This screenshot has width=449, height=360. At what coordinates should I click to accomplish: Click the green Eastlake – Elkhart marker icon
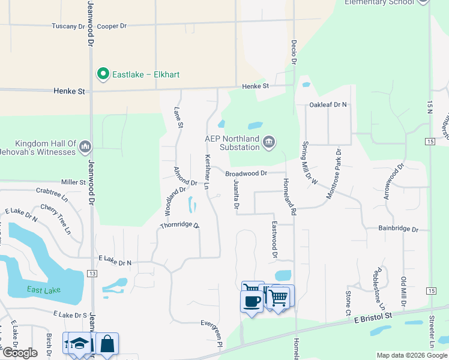click(x=103, y=74)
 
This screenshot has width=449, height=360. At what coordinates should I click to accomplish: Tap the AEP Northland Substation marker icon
click(x=269, y=142)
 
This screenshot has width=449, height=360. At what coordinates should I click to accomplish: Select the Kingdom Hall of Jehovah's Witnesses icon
click(x=85, y=146)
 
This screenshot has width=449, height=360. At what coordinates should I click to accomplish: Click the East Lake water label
click(x=44, y=290)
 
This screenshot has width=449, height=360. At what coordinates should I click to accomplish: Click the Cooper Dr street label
click(x=112, y=26)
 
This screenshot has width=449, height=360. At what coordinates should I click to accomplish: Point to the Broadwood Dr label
click(x=246, y=174)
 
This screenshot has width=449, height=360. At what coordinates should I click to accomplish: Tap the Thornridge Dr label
click(x=179, y=226)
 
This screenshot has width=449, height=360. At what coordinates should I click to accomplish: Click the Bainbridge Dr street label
click(x=398, y=229)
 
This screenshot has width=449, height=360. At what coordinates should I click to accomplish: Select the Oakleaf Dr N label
click(x=328, y=105)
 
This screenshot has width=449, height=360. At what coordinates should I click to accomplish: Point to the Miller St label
click(x=74, y=182)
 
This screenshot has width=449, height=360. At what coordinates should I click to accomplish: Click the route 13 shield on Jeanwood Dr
click(x=92, y=274)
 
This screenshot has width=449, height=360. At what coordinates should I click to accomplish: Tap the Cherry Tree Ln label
click(x=56, y=219)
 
